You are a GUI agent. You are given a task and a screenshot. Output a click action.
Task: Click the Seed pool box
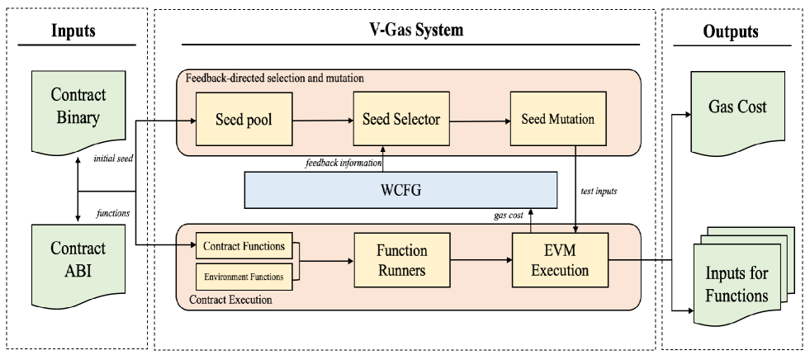click(242, 120)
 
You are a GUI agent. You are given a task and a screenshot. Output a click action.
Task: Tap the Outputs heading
click(738, 31)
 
